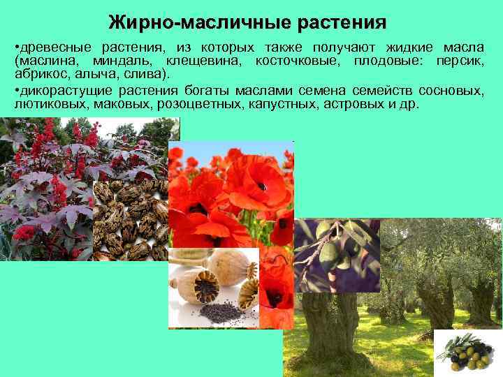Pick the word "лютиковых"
point(43,104)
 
